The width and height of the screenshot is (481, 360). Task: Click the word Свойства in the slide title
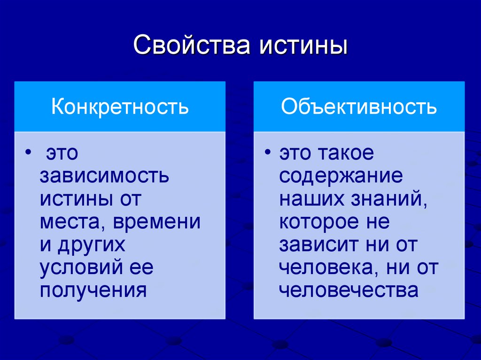click(x=191, y=46)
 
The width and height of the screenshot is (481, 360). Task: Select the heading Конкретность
click(x=120, y=107)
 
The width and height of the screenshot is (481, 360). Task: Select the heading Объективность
click(x=359, y=107)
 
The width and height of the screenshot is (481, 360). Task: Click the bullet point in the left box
click(x=28, y=154)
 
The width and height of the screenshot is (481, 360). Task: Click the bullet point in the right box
click(x=268, y=154)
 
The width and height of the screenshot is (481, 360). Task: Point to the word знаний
click(x=389, y=199)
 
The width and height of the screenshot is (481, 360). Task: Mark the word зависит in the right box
click(x=318, y=245)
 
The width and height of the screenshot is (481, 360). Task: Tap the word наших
click(x=312, y=199)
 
